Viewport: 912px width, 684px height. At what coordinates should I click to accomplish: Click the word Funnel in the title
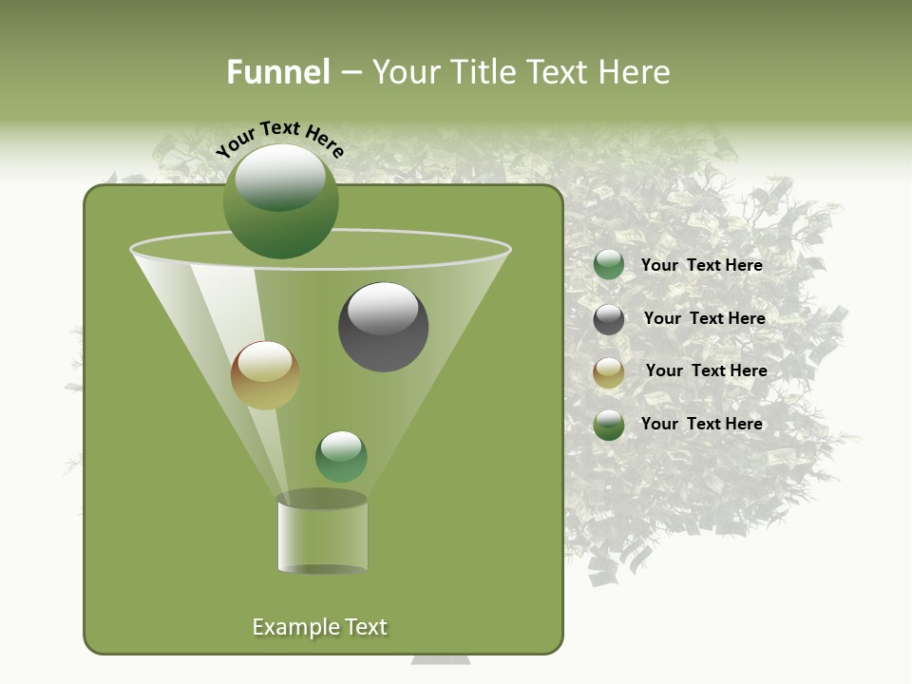(x=277, y=72)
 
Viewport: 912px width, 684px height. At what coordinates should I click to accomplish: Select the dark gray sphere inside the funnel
(x=383, y=327)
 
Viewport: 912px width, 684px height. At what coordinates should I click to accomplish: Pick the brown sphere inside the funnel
(x=265, y=375)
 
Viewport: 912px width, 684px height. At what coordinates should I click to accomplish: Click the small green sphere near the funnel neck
(x=341, y=456)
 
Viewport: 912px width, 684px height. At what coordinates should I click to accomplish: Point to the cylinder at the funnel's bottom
(x=322, y=534)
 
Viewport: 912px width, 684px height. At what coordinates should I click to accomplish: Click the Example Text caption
(x=319, y=627)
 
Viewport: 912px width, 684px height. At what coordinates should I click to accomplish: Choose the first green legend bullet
(x=609, y=265)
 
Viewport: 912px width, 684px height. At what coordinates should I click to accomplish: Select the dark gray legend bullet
(x=609, y=319)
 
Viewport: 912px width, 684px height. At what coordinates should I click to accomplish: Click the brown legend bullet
(x=609, y=372)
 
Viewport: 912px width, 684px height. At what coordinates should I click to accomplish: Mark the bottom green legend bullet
(x=609, y=425)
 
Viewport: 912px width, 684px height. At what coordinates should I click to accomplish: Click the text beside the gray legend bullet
(x=704, y=318)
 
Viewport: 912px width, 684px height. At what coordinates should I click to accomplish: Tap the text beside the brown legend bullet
(x=706, y=370)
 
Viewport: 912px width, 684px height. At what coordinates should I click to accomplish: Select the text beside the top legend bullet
(x=701, y=265)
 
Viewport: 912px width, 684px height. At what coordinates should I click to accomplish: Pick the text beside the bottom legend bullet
(x=701, y=424)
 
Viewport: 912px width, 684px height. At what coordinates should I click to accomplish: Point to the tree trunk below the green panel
(x=440, y=659)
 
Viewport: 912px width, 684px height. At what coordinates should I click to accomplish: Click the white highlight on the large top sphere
(x=279, y=177)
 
